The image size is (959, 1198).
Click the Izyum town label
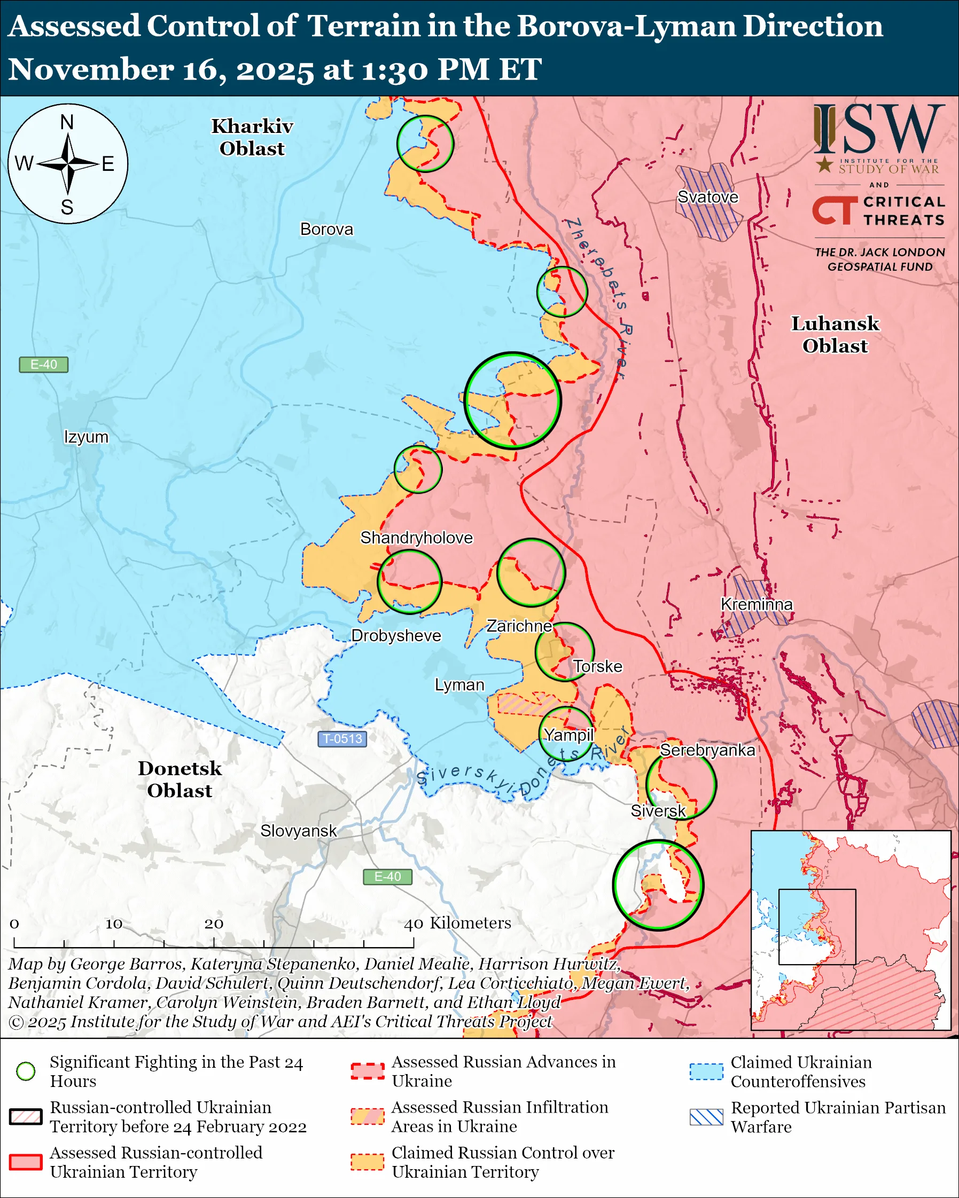point(86,437)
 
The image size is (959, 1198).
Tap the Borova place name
point(326,229)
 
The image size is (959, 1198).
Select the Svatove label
point(708,196)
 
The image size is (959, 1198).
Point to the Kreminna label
point(756,604)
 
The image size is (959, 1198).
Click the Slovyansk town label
point(299,831)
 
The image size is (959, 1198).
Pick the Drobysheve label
point(396,635)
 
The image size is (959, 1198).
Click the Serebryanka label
point(707,750)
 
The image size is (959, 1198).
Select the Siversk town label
point(658,811)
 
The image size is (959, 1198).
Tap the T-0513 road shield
point(342,738)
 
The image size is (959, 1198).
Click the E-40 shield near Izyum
point(43,365)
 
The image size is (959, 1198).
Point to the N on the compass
point(67,122)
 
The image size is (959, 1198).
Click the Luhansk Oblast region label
point(835,335)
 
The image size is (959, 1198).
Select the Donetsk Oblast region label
point(180,779)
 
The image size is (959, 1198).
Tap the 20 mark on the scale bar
point(214,924)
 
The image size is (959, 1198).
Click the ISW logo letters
point(878,130)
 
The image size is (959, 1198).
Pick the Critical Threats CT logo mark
point(834,210)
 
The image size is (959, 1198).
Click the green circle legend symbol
point(26,1071)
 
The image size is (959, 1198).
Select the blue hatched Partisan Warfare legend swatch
point(706,1117)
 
